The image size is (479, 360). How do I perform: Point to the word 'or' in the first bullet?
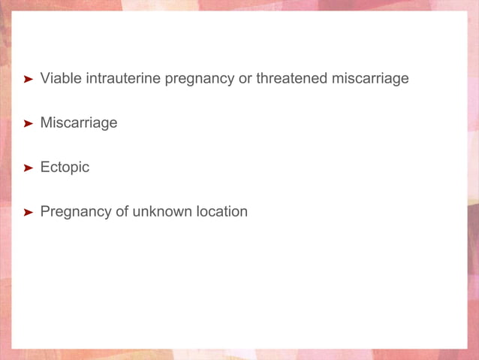[245, 78]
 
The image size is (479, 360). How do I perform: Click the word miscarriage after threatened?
[370, 79]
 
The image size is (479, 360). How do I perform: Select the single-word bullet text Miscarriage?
[79, 123]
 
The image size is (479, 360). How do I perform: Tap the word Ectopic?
[65, 167]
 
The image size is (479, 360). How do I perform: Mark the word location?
[221, 211]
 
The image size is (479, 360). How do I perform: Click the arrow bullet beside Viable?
[28, 79]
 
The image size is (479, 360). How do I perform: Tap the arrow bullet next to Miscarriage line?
[28, 123]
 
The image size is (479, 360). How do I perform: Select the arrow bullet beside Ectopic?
[28, 168]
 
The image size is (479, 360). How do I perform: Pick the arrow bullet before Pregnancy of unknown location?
[28, 213]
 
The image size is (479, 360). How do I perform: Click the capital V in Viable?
[44, 78]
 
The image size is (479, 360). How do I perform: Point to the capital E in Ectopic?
[44, 167]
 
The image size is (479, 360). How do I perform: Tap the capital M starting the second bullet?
[46, 123]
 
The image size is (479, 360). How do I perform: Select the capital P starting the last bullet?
[44, 211]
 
